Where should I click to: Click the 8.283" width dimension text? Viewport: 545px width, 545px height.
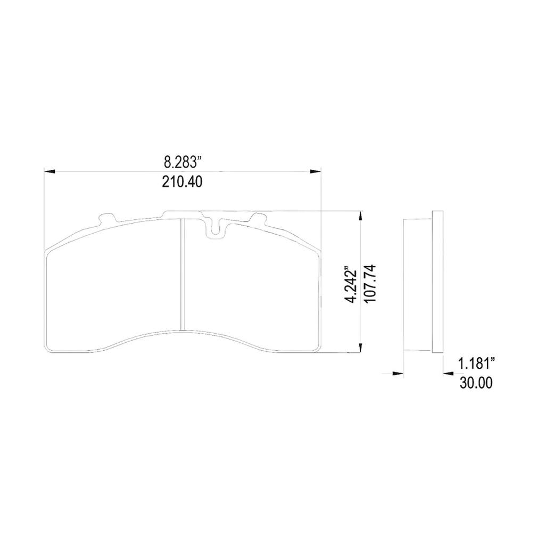[182, 161]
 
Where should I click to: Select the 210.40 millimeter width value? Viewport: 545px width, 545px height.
[182, 182]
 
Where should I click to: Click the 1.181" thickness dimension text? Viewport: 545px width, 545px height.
[476, 364]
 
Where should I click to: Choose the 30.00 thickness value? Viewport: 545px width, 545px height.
[476, 382]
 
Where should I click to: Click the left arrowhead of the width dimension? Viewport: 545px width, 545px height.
[49, 171]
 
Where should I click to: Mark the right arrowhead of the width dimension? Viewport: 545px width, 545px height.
[316, 171]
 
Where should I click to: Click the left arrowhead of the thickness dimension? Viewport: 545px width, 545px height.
[397, 373]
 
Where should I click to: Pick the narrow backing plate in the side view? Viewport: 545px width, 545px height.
[437, 281]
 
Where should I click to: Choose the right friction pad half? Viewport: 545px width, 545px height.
[250, 290]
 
